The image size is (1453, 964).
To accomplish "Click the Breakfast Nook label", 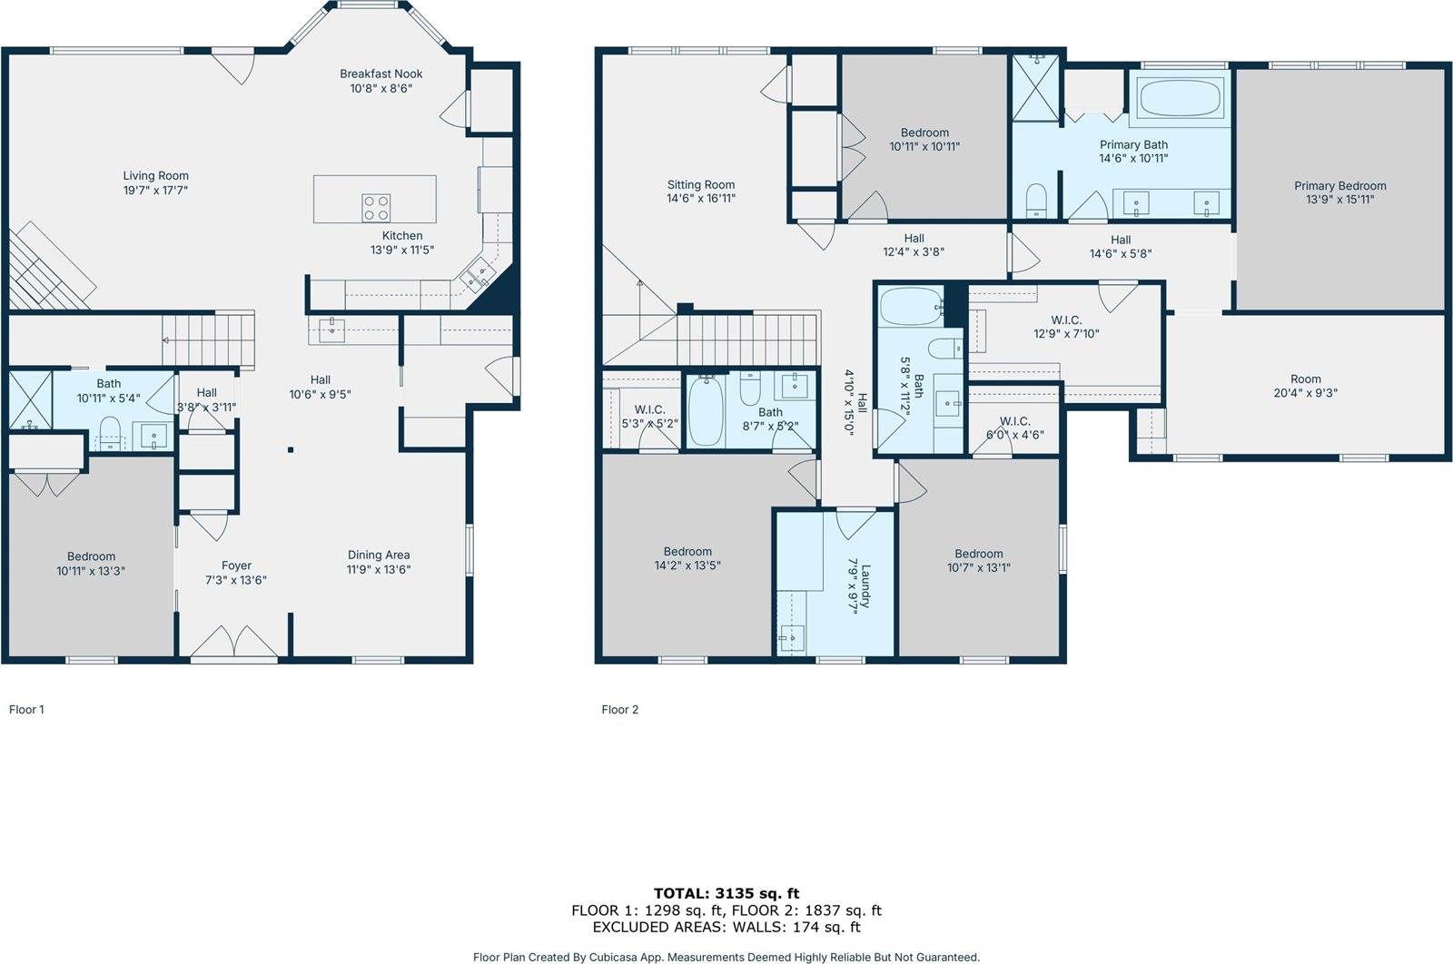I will pos(381,74).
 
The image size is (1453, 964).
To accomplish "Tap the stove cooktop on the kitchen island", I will pos(376,208).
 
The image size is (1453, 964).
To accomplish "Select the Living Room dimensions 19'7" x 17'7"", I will pos(155,191).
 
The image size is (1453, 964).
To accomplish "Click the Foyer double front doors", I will pos(234,642).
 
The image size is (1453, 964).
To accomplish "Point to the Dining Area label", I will pos(379,555).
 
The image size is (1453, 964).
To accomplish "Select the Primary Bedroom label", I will pos(1339,185).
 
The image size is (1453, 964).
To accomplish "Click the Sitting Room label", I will pos(700,184).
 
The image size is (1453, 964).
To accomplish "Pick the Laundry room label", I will pos(865,585).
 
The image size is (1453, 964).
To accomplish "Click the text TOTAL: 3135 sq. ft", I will pos(726,893).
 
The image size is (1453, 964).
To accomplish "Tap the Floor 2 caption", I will pos(619,710).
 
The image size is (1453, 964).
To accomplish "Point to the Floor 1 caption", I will pos(26,710).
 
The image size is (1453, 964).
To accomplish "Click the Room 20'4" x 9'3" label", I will pos(1305,379).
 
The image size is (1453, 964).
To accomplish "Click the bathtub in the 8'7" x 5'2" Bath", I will pos(706,412).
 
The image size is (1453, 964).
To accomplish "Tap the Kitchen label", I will pos(401,235).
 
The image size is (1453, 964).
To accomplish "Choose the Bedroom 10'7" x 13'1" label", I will pos(978,553).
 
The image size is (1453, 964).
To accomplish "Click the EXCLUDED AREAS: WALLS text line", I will pos(726,927).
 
